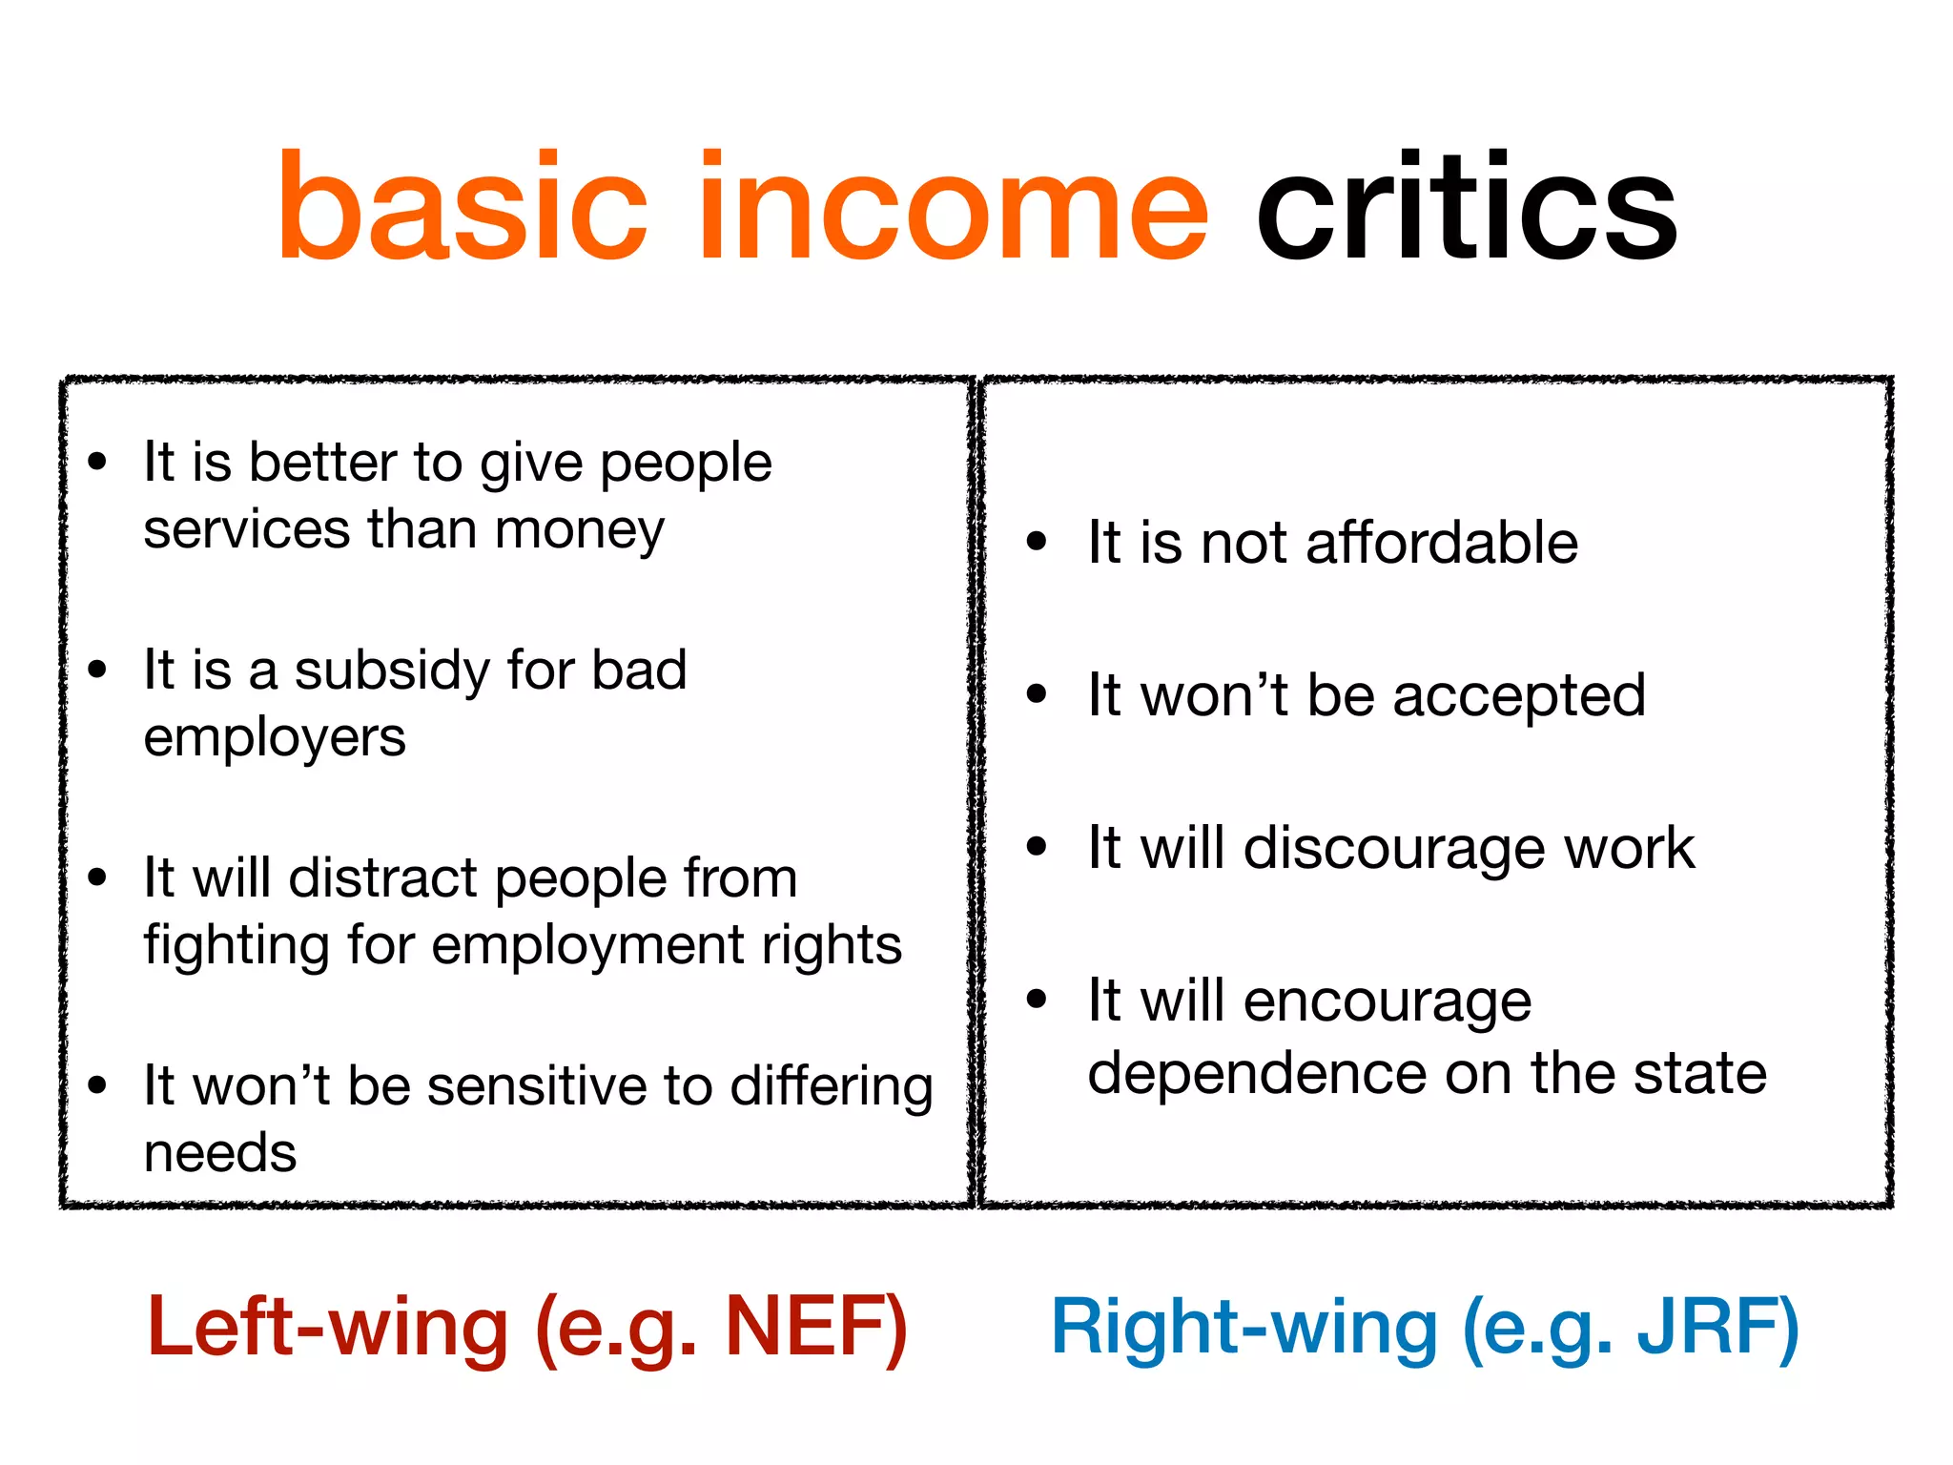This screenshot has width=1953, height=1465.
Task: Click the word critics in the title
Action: tap(1467, 208)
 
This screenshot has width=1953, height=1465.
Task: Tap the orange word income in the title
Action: tap(954, 208)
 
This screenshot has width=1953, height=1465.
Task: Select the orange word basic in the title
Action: tap(463, 208)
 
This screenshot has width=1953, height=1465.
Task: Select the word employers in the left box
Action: tap(275, 738)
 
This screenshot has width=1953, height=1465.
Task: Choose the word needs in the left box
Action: tap(220, 1152)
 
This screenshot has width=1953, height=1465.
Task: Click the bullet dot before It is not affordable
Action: tap(1037, 542)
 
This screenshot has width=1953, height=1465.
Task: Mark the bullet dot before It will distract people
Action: tap(97, 877)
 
